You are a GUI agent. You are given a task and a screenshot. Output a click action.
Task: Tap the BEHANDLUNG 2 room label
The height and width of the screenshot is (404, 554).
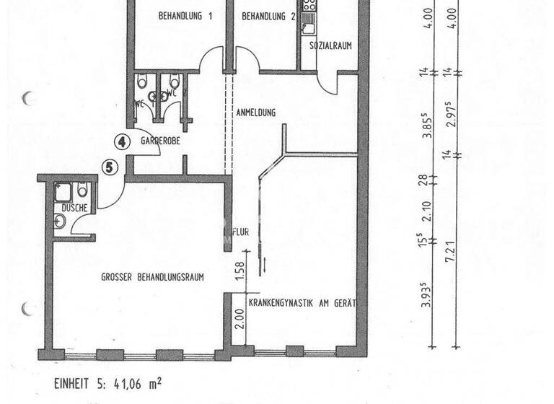point(269,16)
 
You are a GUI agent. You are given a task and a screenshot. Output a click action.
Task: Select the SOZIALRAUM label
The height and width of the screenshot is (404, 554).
point(330,45)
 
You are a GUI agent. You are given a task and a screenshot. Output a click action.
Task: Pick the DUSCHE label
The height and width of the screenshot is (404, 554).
point(74,208)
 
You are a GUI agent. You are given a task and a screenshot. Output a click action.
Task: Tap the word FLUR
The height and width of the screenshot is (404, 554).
point(240,233)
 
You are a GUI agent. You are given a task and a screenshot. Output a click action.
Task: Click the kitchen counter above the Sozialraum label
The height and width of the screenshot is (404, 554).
point(309,18)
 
